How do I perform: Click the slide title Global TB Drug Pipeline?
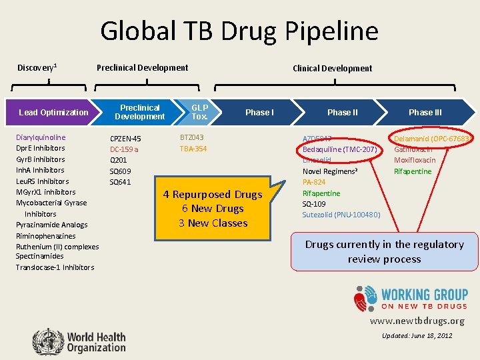[x=239, y=31]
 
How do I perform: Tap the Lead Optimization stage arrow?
[x=53, y=112]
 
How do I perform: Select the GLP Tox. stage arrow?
[x=199, y=112]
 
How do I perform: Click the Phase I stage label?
[x=259, y=112]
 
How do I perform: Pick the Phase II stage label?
[x=342, y=112]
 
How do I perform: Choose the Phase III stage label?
[x=425, y=112]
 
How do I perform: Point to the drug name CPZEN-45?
[x=125, y=139]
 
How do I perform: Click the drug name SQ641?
[x=120, y=182]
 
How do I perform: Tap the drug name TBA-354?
[x=193, y=149]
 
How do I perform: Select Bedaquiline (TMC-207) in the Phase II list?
[x=340, y=149]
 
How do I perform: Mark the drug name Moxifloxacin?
[x=415, y=160]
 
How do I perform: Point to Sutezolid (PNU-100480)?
[x=341, y=215]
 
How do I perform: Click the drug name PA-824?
[x=314, y=182]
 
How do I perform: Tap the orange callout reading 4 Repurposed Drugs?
[x=213, y=209]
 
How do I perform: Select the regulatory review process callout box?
[x=384, y=251]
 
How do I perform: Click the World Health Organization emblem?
[x=46, y=340]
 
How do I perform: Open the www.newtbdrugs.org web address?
[x=417, y=321]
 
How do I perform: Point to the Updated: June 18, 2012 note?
[x=417, y=335]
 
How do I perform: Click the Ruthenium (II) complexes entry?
[x=57, y=247]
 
